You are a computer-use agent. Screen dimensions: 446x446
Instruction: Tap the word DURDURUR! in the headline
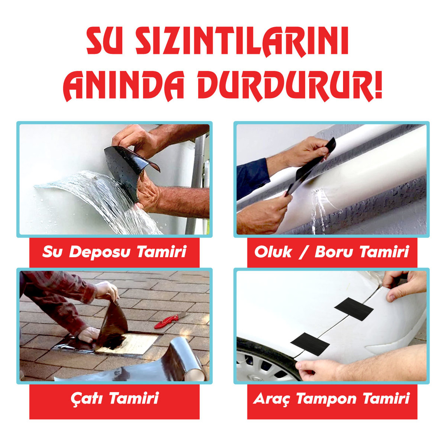(290, 85)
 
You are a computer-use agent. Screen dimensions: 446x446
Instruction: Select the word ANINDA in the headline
(124, 85)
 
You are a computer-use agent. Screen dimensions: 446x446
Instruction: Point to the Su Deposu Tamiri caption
(115, 252)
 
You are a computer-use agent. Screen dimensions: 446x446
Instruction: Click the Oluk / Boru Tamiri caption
(332, 252)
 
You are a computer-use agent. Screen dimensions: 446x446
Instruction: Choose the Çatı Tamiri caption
(115, 399)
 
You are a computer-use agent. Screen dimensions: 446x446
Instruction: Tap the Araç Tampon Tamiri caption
(332, 399)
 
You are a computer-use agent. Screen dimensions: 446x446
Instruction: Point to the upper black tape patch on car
(354, 307)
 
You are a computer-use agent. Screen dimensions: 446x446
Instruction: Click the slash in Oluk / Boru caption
(303, 252)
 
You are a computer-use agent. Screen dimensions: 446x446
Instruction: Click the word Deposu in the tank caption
(100, 252)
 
